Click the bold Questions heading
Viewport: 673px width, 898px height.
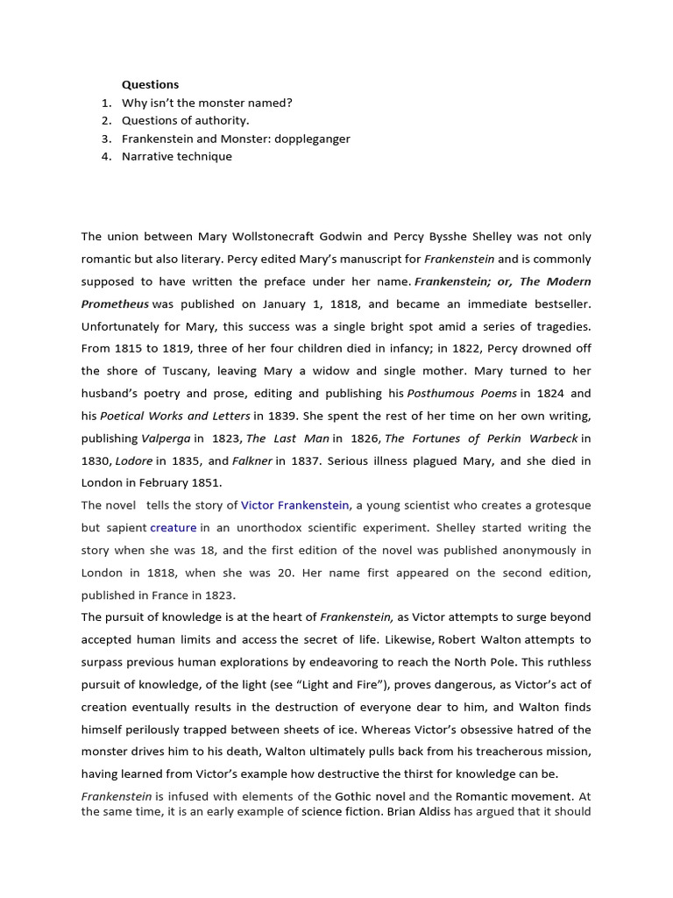[x=150, y=84]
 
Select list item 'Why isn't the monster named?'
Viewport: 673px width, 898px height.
[x=207, y=103]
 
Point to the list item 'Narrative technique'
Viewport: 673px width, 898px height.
[x=177, y=156]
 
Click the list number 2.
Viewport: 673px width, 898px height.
[x=106, y=120]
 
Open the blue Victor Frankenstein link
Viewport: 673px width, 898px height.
[x=295, y=505]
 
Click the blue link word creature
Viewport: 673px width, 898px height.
[x=173, y=528]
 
